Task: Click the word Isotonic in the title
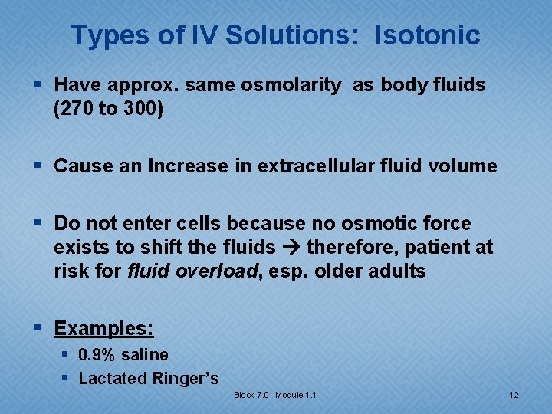click(x=427, y=35)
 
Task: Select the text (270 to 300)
click(x=108, y=109)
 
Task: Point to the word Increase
click(x=171, y=166)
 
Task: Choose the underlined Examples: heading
click(x=103, y=329)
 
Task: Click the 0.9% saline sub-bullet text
click(x=123, y=355)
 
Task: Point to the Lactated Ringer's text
click(x=148, y=378)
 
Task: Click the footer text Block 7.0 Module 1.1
click(x=275, y=395)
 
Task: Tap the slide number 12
click(x=514, y=395)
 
